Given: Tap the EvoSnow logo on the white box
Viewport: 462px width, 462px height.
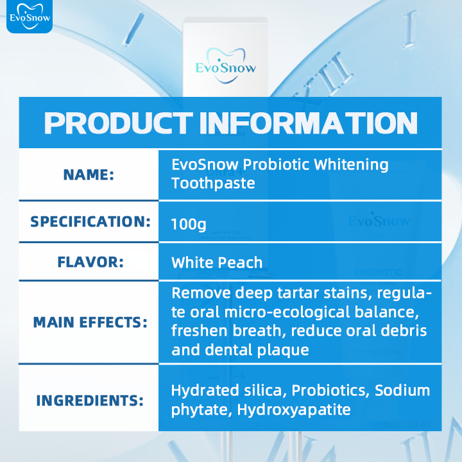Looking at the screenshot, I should click(x=225, y=65).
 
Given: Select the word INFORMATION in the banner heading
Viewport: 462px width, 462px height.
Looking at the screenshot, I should click(x=309, y=123).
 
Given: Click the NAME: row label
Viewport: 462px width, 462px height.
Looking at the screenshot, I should click(x=89, y=174).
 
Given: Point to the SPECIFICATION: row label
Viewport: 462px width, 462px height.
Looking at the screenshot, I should click(x=90, y=221).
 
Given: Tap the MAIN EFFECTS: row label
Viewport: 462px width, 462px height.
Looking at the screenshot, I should click(x=90, y=322).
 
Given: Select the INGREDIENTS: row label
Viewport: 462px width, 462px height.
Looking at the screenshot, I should click(x=90, y=400).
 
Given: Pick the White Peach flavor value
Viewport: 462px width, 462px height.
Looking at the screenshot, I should click(x=217, y=262).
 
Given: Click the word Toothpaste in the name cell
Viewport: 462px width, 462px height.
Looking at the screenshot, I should click(x=213, y=184).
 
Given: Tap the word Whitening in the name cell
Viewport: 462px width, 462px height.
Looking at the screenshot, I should click(x=351, y=164).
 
